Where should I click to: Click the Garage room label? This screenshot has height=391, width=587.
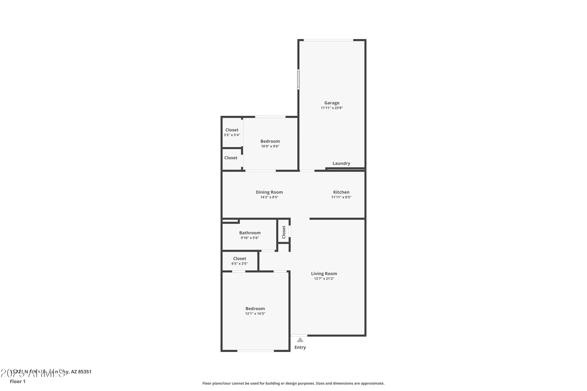(332, 103)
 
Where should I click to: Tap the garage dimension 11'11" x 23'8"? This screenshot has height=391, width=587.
(332, 108)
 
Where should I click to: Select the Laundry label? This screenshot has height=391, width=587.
(341, 163)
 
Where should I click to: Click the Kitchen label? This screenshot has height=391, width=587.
(341, 192)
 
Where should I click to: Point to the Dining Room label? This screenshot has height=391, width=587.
(269, 192)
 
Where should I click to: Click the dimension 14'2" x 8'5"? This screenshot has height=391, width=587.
(269, 197)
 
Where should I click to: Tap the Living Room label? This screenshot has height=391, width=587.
(324, 273)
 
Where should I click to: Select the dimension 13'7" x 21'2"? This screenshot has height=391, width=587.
(324, 279)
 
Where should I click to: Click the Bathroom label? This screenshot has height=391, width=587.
(250, 233)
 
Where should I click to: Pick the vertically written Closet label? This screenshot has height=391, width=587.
(284, 232)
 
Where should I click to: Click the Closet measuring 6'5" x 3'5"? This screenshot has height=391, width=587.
(239, 258)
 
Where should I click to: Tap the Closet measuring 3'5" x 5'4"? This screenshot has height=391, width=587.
(232, 130)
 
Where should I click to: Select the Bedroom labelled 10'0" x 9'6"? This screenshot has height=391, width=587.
(270, 141)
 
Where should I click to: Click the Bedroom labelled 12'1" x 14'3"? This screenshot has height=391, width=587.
(255, 309)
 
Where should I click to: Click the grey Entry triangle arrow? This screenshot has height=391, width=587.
(300, 340)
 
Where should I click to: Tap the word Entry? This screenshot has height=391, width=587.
(300, 347)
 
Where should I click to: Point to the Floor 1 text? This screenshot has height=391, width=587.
(18, 381)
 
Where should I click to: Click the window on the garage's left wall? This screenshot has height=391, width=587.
(298, 79)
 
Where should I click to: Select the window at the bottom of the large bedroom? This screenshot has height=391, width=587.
(255, 351)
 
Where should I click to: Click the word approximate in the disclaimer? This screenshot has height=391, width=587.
(374, 383)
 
